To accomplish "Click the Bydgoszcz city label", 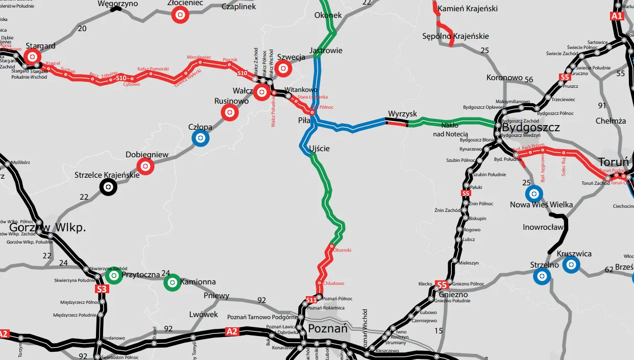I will coord(531,127).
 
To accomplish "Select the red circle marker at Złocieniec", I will coord(180,15).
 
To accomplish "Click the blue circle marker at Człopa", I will coord(201,137).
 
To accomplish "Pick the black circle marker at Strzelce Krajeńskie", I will coord(108,187).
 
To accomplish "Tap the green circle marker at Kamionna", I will coord(172,282).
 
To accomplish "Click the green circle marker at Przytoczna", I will coord(114,276).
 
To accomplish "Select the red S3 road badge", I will coord(102,290).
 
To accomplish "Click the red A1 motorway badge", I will coord(617,16).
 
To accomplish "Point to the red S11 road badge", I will coord(311,299).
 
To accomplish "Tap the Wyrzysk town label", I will coord(402,113).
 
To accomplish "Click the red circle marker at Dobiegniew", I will coord(145,165).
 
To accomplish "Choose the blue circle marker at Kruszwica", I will coord(572,264).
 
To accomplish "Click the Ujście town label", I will coord(319,149).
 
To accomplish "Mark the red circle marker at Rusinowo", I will coord(230,112).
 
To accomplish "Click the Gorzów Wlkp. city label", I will coord(47,228).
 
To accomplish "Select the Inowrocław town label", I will coord(543,227).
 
